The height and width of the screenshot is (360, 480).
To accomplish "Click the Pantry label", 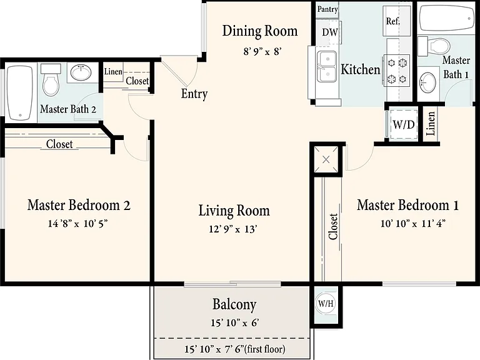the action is click(327, 9).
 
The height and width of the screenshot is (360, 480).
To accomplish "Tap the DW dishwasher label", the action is click(330, 32).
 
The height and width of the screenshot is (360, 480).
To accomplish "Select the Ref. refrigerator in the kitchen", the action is click(393, 21).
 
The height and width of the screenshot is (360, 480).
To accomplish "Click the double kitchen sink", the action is click(327, 66).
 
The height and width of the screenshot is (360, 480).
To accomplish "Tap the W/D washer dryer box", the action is click(404, 124).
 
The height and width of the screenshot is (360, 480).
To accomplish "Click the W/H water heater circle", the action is click(326, 303).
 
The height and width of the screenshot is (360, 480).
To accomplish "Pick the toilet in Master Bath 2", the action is click(51, 80).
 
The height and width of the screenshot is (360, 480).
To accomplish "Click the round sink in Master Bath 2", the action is click(81, 72).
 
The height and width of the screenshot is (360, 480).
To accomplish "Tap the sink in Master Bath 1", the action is click(427, 82).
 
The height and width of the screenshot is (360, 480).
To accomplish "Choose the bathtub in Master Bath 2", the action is click(20, 92).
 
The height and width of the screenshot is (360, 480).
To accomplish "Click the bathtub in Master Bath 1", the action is click(446, 17).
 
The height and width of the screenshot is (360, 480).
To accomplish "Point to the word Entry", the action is click(194, 93).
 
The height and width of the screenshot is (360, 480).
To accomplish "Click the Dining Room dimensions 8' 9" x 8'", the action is click(262, 51).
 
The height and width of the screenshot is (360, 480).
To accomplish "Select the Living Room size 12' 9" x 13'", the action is click(232, 229).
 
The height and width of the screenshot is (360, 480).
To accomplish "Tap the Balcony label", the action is click(234, 304).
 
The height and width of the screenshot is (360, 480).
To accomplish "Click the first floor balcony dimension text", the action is click(235, 349).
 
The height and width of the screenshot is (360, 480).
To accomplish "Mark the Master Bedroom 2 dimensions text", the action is click(77, 224).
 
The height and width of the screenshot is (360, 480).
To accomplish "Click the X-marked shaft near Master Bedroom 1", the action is click(326, 159).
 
